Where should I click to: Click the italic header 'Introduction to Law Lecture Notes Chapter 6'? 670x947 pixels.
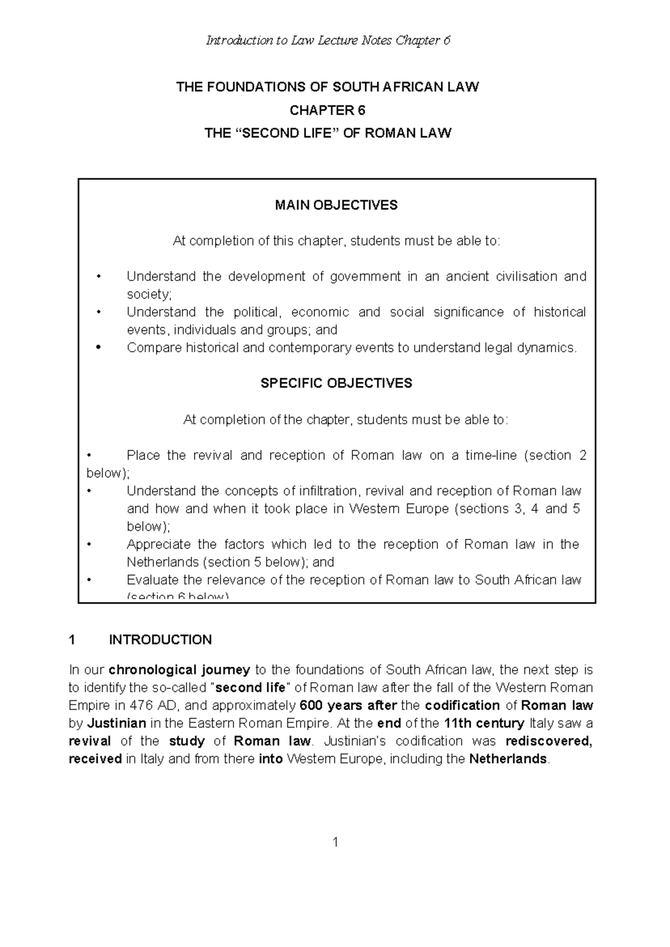[x=328, y=41]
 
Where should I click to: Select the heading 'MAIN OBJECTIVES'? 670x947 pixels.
[x=336, y=205]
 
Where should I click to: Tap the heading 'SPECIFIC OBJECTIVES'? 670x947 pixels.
[x=336, y=384]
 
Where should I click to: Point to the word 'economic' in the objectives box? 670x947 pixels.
[x=320, y=312]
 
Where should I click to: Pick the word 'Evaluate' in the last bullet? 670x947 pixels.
[x=150, y=580]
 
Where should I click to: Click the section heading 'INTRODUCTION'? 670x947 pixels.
[x=160, y=640]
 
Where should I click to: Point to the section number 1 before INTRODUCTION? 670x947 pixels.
[x=71, y=640]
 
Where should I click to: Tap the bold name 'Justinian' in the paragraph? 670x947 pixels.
[x=116, y=723]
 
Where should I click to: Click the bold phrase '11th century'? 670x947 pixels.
[x=484, y=723]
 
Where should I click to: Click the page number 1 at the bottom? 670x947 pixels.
[x=336, y=843]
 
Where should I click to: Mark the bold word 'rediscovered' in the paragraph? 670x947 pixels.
[x=548, y=741]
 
